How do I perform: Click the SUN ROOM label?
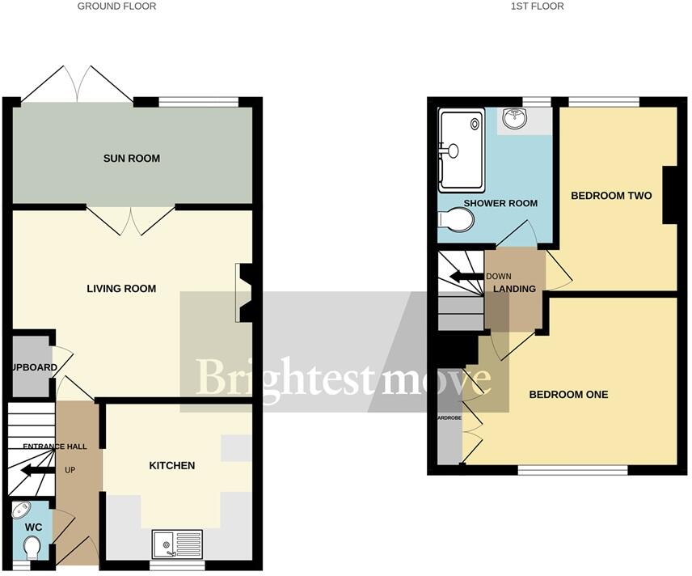pos(132,159)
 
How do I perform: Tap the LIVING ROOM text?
pos(122,289)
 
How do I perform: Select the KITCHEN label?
pos(171,465)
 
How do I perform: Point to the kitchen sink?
pos(178,543)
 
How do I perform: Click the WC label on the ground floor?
pos(33,527)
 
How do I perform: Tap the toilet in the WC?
pos(32,550)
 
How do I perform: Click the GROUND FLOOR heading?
pos(117,6)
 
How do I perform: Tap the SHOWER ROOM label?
pos(500,203)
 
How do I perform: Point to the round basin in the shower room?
pos(513,120)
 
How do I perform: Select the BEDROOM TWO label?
pos(611,196)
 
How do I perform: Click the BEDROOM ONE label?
pos(568,395)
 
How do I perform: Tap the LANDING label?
pos(515,289)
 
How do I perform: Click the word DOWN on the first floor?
pos(499,276)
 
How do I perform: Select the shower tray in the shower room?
pos(461,150)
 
